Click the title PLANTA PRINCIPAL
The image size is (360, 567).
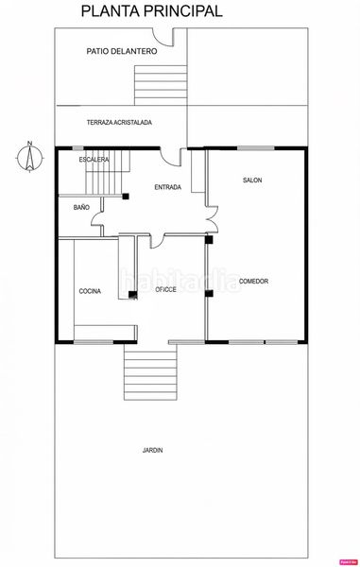(x=151, y=11)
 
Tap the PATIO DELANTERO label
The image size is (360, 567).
(x=122, y=51)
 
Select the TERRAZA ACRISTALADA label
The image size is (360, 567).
(x=119, y=123)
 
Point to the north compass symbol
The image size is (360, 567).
(x=30, y=157)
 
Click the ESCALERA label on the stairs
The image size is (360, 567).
(x=94, y=160)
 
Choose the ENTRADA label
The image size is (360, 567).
(x=167, y=187)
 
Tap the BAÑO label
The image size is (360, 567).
(x=81, y=207)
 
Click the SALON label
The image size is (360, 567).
(x=252, y=180)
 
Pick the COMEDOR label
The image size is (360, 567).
(x=254, y=281)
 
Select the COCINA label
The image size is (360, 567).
(x=90, y=291)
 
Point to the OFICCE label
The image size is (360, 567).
(x=166, y=290)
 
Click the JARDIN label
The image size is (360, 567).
(x=152, y=450)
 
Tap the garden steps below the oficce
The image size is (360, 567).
(x=151, y=371)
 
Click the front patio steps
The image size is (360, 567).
(x=161, y=85)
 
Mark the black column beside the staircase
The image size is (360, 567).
(x=126, y=197)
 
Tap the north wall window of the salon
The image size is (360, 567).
(x=255, y=148)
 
